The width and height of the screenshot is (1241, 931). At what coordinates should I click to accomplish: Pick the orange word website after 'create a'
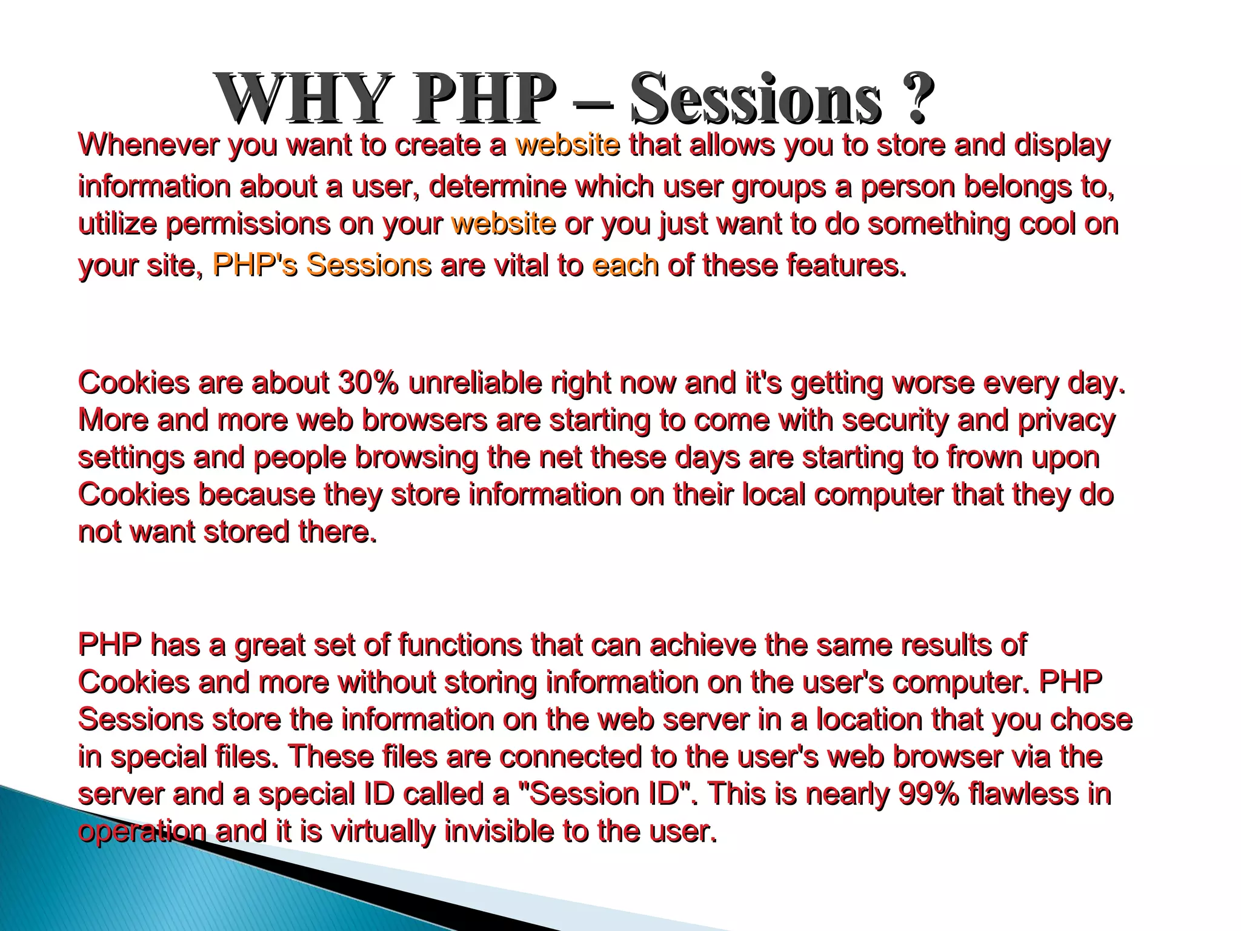(x=567, y=145)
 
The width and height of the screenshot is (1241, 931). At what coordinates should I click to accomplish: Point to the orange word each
(x=625, y=265)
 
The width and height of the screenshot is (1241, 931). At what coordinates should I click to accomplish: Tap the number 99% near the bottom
(x=928, y=794)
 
